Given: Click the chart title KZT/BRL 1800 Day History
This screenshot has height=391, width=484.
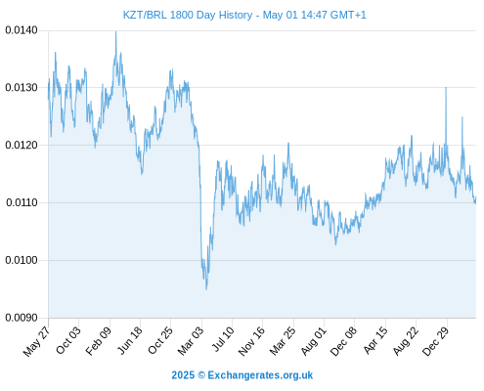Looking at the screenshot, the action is pyautogui.click(x=188, y=15).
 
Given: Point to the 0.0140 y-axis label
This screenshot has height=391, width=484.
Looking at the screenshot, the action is pyautogui.click(x=22, y=30).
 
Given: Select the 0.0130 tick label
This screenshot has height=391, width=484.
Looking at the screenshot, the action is pyautogui.click(x=22, y=88).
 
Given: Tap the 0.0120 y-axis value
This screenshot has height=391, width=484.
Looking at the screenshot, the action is pyautogui.click(x=22, y=145).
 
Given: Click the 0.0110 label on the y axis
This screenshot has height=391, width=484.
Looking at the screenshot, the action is pyautogui.click(x=22, y=202).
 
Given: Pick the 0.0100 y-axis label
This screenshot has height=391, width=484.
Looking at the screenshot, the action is pyautogui.click(x=22, y=260).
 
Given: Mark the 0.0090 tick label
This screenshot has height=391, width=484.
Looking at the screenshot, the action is pyautogui.click(x=22, y=318).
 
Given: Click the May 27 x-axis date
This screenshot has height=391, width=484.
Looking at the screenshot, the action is pyautogui.click(x=36, y=341).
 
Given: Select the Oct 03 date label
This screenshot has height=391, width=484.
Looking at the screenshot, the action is pyautogui.click(x=67, y=340).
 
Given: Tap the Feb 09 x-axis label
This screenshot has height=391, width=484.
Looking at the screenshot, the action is pyautogui.click(x=98, y=340).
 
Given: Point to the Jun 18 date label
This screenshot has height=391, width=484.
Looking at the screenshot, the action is pyautogui.click(x=129, y=340).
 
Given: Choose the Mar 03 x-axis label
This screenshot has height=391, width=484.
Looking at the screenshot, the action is pyautogui.click(x=190, y=340).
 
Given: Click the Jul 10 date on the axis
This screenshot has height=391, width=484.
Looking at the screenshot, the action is pyautogui.click(x=223, y=339).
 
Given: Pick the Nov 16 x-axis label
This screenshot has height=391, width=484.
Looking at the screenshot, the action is pyautogui.click(x=251, y=341).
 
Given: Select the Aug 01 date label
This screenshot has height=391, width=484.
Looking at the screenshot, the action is pyautogui.click(x=313, y=341).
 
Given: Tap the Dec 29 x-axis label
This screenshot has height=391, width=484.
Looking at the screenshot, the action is pyautogui.click(x=435, y=341).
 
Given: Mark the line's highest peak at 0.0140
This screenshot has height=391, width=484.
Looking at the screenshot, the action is pyautogui.click(x=115, y=31).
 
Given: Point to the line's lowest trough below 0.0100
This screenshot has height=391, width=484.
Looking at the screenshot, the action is pyautogui.click(x=206, y=289).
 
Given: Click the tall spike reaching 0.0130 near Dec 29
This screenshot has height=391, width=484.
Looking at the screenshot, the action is pyautogui.click(x=446, y=87).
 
